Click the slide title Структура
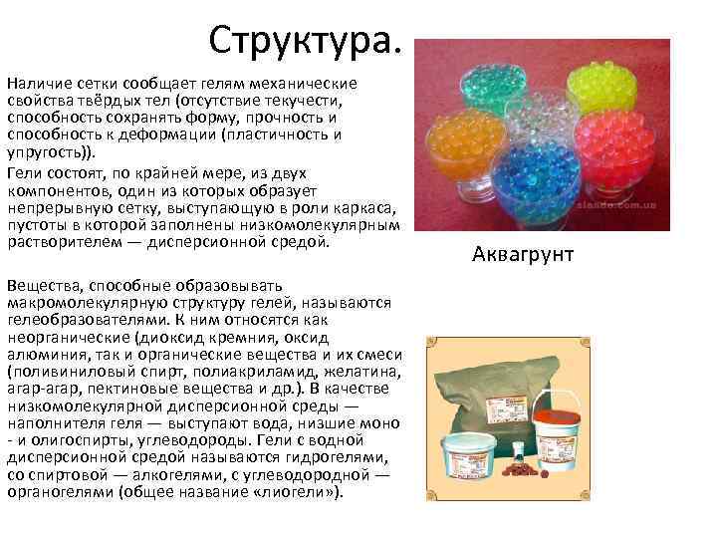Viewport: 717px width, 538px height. click(307, 41)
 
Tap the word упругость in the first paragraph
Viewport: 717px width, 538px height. click(46, 152)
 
